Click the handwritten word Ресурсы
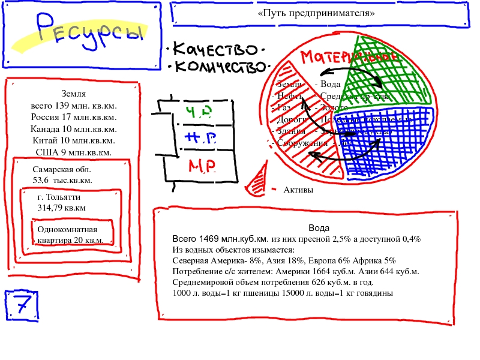pos(90,30)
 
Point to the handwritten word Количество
pos(219,66)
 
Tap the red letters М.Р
pos(202,166)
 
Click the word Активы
pos(298,190)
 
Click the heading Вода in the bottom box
pos(319,228)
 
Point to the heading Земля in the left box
pos(73,94)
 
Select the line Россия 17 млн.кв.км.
pos(73,117)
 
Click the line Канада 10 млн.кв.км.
pos(73,129)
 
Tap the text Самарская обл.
pos(62,170)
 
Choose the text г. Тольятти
pos(59,197)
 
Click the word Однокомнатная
pos(67,230)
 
